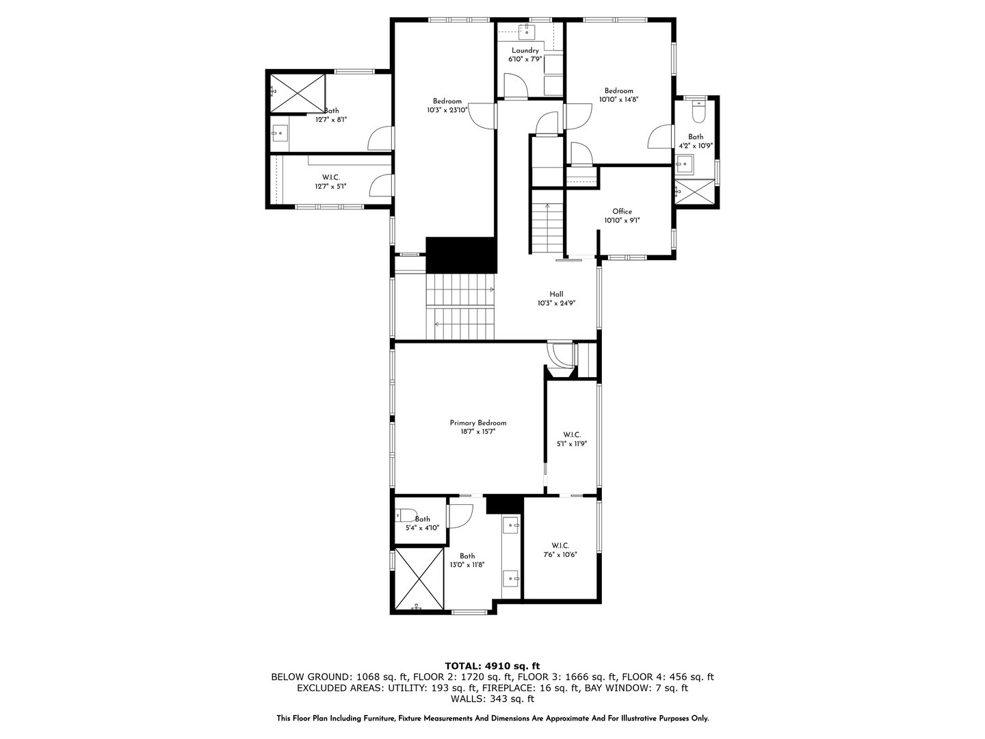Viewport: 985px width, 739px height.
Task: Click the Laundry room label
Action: click(x=525, y=51)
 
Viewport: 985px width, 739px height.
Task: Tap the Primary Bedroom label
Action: click(x=477, y=423)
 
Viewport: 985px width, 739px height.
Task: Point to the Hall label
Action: click(x=556, y=294)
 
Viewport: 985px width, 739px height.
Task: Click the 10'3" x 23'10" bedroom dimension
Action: click(x=447, y=109)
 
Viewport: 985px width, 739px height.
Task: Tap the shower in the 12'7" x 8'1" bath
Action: click(x=297, y=92)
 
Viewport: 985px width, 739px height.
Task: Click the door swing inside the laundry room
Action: click(x=515, y=85)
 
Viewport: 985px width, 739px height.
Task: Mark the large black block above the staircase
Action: click(x=460, y=255)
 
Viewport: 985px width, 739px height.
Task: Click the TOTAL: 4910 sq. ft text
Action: click(x=492, y=665)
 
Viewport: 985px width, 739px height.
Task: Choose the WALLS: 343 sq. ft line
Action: click(x=492, y=699)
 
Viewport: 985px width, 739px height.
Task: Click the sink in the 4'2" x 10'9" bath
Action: click(x=684, y=164)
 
